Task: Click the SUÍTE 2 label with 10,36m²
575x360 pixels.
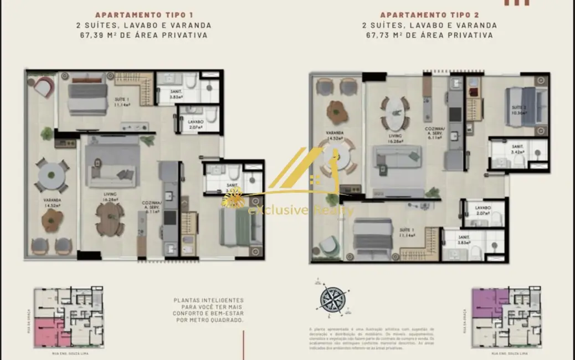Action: [519, 109]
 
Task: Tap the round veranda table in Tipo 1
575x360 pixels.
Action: [51, 173]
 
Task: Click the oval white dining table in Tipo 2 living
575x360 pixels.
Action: [395, 114]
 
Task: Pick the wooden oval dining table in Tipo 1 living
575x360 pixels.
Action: [110, 217]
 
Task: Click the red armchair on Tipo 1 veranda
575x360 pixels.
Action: [43, 87]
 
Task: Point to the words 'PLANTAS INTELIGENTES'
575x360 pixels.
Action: [209, 300]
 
